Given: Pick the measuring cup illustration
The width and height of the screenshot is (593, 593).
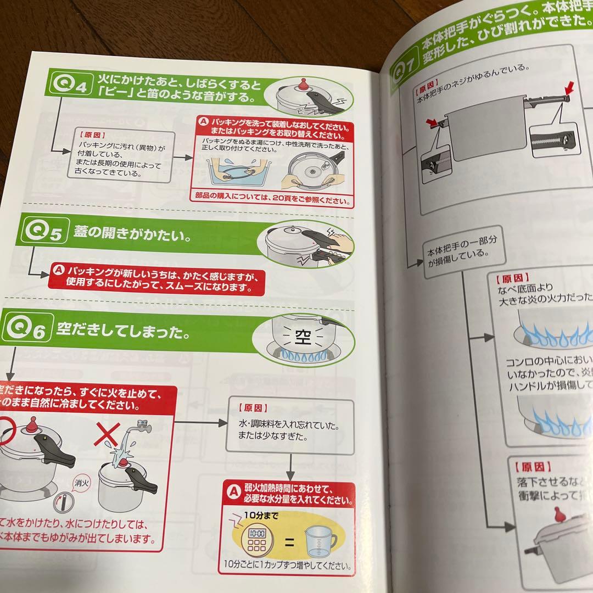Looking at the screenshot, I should (x=318, y=540).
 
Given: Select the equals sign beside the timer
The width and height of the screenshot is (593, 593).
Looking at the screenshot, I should (x=289, y=543).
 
